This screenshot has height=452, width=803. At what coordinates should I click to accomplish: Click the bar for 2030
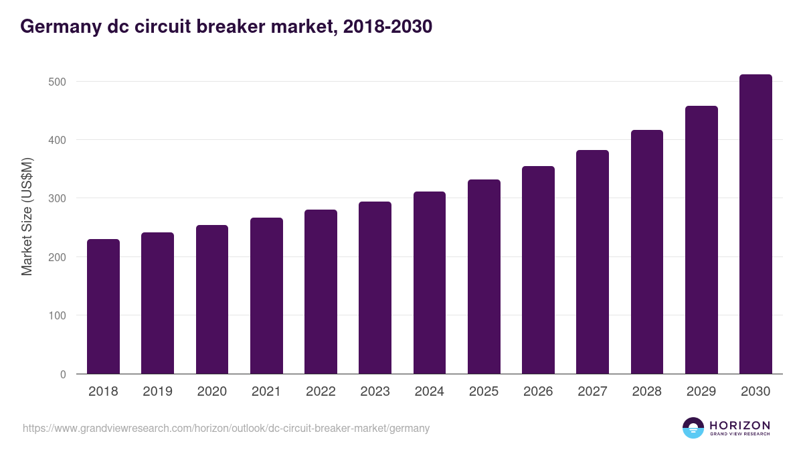click(755, 224)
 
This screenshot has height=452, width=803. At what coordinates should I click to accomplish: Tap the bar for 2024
click(430, 283)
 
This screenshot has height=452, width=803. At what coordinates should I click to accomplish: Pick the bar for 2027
click(592, 262)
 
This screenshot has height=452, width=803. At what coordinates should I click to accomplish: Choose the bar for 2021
click(266, 296)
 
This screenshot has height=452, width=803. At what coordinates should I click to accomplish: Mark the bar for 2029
click(701, 240)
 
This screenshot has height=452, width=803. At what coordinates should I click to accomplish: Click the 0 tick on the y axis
click(63, 374)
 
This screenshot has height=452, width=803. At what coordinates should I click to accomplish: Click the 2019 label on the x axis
click(157, 392)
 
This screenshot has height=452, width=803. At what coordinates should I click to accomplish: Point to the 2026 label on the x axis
click(538, 392)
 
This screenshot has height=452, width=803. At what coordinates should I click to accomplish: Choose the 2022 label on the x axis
click(321, 392)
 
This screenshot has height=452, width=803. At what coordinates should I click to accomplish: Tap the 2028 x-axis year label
click(647, 392)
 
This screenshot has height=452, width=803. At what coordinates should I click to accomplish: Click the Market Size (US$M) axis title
click(27, 217)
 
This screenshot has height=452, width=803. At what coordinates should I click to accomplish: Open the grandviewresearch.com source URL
click(226, 428)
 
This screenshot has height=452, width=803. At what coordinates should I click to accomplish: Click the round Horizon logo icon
click(693, 428)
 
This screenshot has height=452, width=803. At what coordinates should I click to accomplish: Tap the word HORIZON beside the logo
click(740, 425)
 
